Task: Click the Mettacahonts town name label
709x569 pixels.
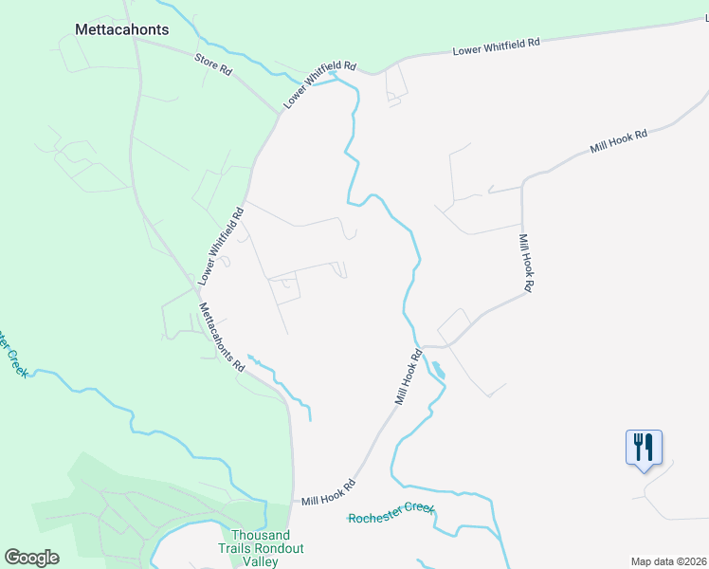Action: tap(121, 29)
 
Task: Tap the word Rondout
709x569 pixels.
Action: tap(282, 547)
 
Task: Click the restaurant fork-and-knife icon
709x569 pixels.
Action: tap(644, 446)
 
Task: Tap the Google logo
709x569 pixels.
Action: tap(31, 558)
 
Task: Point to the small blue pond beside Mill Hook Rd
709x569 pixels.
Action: tap(437, 369)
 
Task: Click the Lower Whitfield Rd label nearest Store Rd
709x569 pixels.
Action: tap(320, 85)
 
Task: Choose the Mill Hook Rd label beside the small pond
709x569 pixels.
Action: tap(409, 378)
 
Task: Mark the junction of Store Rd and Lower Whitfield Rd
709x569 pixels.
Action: tap(281, 112)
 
